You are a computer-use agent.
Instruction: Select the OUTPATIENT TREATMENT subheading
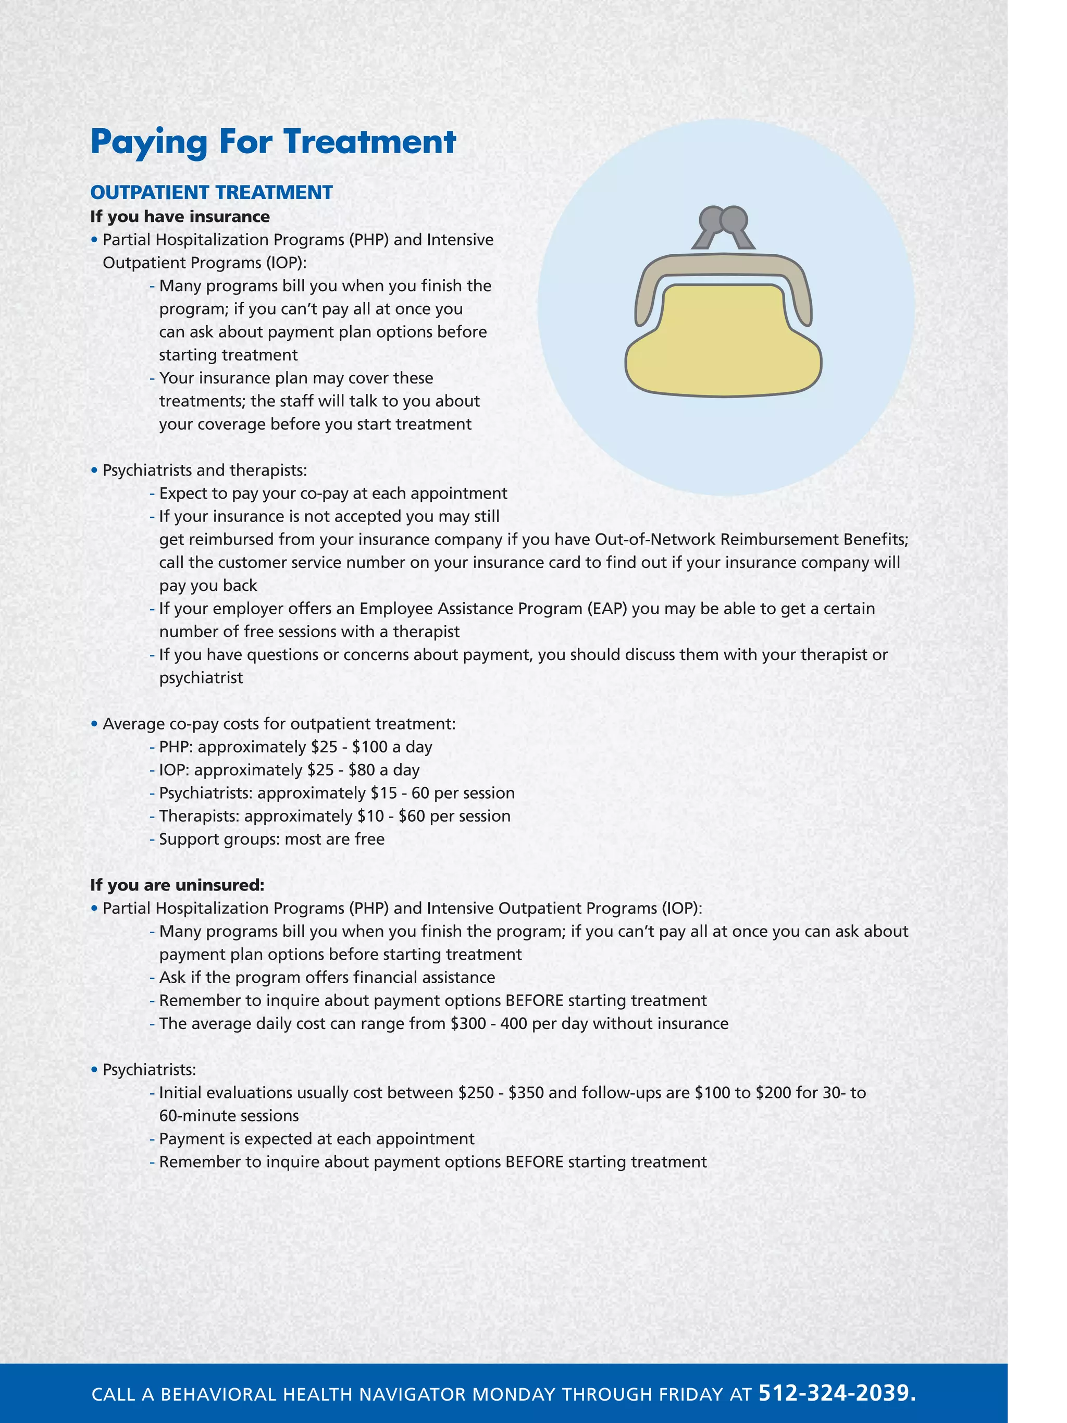[211, 192]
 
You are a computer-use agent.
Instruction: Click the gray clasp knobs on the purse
[723, 220]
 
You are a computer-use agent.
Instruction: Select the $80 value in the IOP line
[362, 770]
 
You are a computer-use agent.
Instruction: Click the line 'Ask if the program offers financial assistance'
[327, 977]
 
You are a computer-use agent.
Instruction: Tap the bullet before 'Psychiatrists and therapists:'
[94, 471]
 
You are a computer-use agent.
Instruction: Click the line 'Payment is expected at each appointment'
[316, 1139]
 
